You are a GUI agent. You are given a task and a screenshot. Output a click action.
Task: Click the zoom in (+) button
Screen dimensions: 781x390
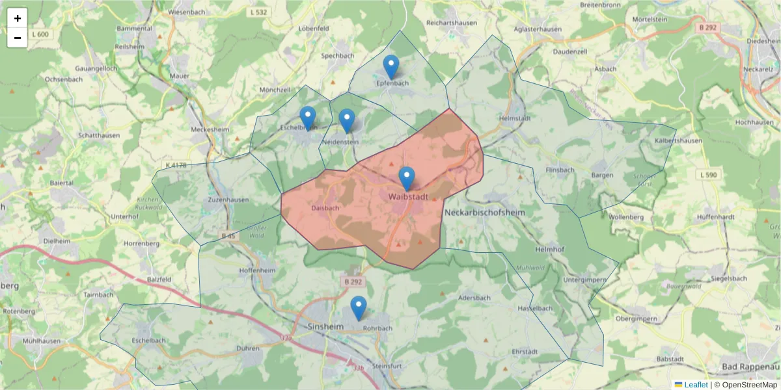[x=18, y=18]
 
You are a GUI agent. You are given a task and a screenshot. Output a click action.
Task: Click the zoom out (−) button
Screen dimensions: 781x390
[x=18, y=38]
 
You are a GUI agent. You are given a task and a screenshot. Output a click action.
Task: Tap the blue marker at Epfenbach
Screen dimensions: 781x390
[x=390, y=67]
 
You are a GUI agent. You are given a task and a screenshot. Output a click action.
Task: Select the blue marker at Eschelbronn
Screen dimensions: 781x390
[x=308, y=118]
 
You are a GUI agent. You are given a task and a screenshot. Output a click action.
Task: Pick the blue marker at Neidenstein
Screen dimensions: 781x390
[x=347, y=120]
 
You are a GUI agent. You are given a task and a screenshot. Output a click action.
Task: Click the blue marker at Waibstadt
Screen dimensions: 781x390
[x=407, y=178]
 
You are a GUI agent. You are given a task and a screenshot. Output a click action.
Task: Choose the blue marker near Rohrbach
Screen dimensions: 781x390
[x=359, y=307]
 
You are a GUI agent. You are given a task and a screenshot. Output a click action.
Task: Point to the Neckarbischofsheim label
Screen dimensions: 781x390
[x=484, y=213]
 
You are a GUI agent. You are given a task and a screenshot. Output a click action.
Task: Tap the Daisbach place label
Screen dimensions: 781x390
[x=325, y=208]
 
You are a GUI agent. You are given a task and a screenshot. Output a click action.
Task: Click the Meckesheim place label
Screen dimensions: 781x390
[x=210, y=129]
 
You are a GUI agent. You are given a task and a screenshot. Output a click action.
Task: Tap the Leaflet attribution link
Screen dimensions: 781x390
[x=696, y=385]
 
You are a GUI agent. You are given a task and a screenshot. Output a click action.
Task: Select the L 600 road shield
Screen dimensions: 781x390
[x=39, y=34]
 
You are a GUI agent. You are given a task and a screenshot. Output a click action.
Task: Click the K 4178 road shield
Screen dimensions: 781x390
[x=176, y=165]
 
